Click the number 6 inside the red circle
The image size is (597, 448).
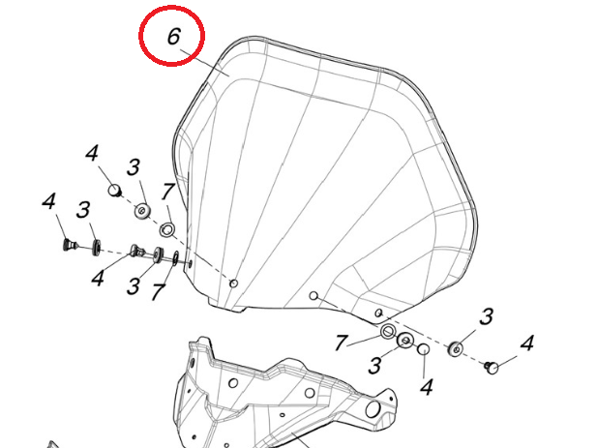click(173, 37)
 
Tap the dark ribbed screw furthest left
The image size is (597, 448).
click(70, 244)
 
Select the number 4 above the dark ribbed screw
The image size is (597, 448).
click(48, 201)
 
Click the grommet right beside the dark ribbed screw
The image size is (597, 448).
click(97, 248)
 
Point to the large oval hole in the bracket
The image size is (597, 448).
click(372, 409)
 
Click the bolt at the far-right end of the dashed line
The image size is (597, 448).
click(492, 368)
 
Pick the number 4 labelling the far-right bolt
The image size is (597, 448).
click(527, 343)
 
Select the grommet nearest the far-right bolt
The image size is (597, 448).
click(456, 349)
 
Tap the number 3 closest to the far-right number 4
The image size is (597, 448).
click(486, 317)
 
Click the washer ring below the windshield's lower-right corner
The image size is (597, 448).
click(388, 332)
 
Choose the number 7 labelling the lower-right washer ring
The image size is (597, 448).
click(342, 343)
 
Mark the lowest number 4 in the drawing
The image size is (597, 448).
click(427, 387)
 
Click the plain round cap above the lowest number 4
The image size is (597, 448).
click(424, 349)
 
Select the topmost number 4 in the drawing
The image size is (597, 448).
click(92, 154)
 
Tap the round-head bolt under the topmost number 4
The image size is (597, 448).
click(114, 190)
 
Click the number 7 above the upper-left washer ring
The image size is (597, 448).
click(167, 192)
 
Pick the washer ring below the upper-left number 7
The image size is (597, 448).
click(167, 229)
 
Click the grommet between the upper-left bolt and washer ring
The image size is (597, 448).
click(143, 211)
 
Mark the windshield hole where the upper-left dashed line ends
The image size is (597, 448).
click(234, 284)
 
